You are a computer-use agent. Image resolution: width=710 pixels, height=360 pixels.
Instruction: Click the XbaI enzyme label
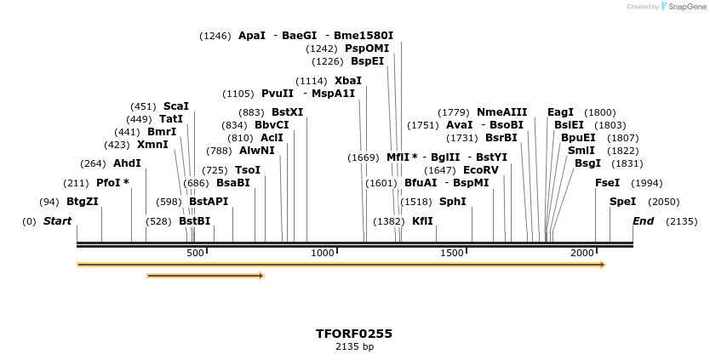pos(348,81)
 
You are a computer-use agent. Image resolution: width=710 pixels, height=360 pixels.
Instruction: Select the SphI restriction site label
pos(453,202)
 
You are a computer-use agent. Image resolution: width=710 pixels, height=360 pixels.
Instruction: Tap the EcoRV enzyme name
pos(481,170)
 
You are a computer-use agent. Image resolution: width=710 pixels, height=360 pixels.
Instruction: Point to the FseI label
pos(608,183)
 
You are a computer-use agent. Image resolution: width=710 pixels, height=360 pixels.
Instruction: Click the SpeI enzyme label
pos(623,202)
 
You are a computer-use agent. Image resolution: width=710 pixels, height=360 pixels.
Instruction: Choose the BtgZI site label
pos(83,202)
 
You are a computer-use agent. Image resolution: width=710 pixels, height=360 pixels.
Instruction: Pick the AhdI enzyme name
pos(127,163)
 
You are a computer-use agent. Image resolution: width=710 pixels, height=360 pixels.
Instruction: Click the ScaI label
pos(176,106)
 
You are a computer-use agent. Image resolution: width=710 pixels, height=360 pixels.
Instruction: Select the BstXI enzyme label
pos(288,112)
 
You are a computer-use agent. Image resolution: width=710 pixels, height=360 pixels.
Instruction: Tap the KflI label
pos(423,221)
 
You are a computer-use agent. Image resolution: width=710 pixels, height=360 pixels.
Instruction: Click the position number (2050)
pos(664,202)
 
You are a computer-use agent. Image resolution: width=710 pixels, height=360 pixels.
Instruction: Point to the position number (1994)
pos(647,183)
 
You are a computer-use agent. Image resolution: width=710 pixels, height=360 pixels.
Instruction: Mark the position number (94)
pos(49,202)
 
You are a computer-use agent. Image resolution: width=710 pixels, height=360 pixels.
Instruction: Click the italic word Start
pos(58,221)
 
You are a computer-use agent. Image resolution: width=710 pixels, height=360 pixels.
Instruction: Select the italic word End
pos(643,221)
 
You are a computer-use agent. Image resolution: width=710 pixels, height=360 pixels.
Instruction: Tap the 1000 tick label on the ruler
pos(323,254)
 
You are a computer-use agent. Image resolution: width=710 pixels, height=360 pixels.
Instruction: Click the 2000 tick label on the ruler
pos(582,254)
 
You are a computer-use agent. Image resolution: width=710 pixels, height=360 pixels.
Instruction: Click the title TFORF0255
pos(354,334)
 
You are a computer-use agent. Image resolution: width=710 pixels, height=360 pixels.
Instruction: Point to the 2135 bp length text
pos(354,346)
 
